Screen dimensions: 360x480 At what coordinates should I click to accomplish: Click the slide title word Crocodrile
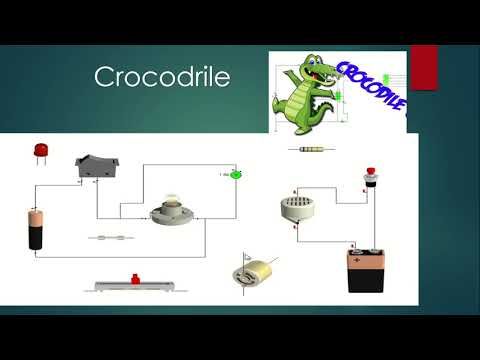(x=161, y=78)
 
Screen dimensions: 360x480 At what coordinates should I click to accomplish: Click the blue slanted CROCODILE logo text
(x=372, y=84)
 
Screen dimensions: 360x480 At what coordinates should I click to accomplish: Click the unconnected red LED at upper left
(x=41, y=152)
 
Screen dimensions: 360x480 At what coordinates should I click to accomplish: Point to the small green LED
(x=237, y=175)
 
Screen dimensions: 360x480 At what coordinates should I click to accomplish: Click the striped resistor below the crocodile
(x=311, y=150)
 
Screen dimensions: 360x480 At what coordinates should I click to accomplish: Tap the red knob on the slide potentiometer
(x=129, y=276)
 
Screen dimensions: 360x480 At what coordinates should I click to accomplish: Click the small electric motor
(x=256, y=271)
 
